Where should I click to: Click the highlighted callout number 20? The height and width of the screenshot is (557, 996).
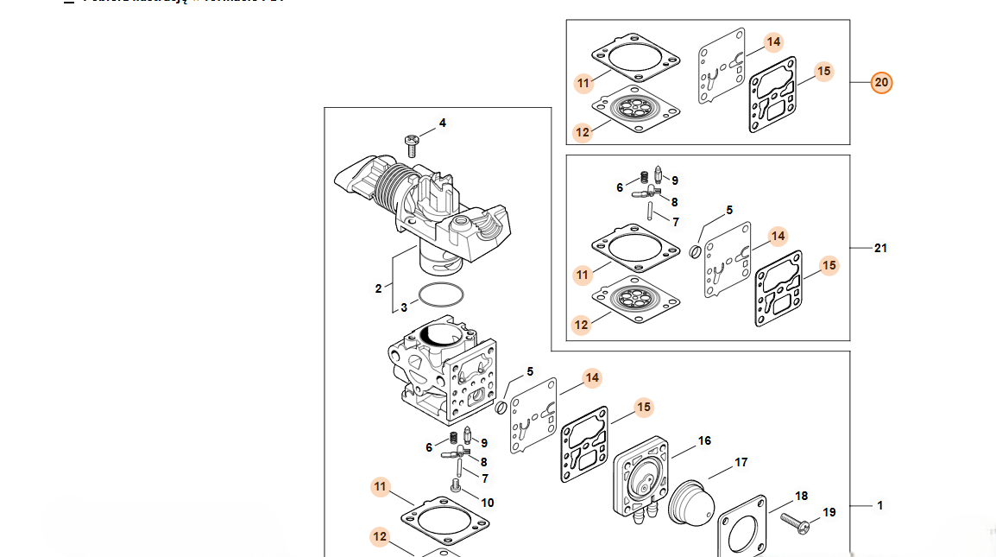pyautogui.click(x=880, y=83)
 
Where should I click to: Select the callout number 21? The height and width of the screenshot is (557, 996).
pyautogui.click(x=880, y=249)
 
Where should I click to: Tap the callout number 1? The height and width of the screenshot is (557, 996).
pyautogui.click(x=880, y=505)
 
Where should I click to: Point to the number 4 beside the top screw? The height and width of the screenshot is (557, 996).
pyautogui.click(x=443, y=123)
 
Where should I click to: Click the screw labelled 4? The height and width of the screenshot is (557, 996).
pyautogui.click(x=412, y=142)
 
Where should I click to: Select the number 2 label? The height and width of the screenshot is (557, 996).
pyautogui.click(x=378, y=288)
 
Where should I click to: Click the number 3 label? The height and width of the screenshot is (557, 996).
pyautogui.click(x=403, y=307)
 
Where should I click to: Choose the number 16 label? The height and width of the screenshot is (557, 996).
pyautogui.click(x=704, y=441)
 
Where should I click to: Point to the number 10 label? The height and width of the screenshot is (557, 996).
pyautogui.click(x=488, y=503)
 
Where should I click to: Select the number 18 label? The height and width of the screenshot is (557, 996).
pyautogui.click(x=801, y=496)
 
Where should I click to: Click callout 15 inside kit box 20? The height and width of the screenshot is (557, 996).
pyautogui.click(x=823, y=71)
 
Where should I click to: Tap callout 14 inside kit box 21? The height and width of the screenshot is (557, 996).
pyautogui.click(x=778, y=236)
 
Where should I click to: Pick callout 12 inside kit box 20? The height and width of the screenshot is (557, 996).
pyautogui.click(x=582, y=133)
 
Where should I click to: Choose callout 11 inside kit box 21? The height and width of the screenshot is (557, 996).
pyautogui.click(x=583, y=275)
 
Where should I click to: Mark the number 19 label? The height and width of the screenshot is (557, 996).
pyautogui.click(x=829, y=512)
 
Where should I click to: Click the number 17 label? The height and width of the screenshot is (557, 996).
pyautogui.click(x=741, y=463)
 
